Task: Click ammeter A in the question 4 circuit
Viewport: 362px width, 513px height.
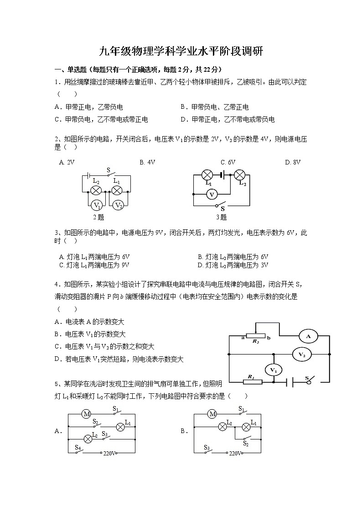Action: point(308,337)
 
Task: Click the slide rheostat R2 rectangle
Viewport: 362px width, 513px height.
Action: point(255,337)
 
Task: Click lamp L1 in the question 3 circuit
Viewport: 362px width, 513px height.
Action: point(207,175)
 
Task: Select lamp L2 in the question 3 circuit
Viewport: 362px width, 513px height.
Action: point(240,175)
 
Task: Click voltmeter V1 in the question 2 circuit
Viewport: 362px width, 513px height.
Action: point(97,205)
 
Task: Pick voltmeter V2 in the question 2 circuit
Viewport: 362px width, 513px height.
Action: point(118,205)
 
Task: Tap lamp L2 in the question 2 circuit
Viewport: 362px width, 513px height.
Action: point(96,190)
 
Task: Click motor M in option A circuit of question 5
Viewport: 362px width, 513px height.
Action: point(86,414)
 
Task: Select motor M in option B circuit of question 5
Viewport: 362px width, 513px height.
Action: point(212,414)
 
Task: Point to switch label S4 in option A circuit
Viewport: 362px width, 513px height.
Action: point(78,449)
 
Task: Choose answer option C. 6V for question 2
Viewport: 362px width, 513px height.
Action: point(228,162)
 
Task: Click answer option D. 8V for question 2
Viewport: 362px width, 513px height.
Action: point(293,162)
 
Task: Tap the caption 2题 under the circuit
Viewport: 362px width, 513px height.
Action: point(98,217)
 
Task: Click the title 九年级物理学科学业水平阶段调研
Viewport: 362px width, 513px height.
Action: point(181,51)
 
